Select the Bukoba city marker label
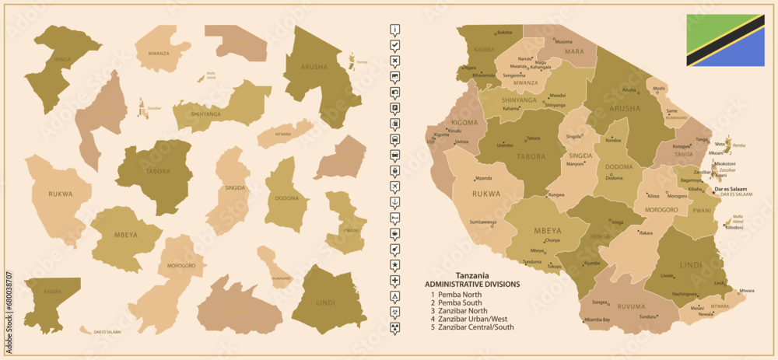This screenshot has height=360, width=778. click(505, 32)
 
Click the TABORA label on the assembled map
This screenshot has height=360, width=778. click(528, 156)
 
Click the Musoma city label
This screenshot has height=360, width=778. click(564, 41)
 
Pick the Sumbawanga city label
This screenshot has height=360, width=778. click(482, 222)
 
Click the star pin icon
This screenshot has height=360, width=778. click(395, 265)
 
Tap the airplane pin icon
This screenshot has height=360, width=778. click(395, 187)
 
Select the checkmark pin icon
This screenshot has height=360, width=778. click(395, 47)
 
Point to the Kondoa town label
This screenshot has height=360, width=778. click(613, 141)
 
